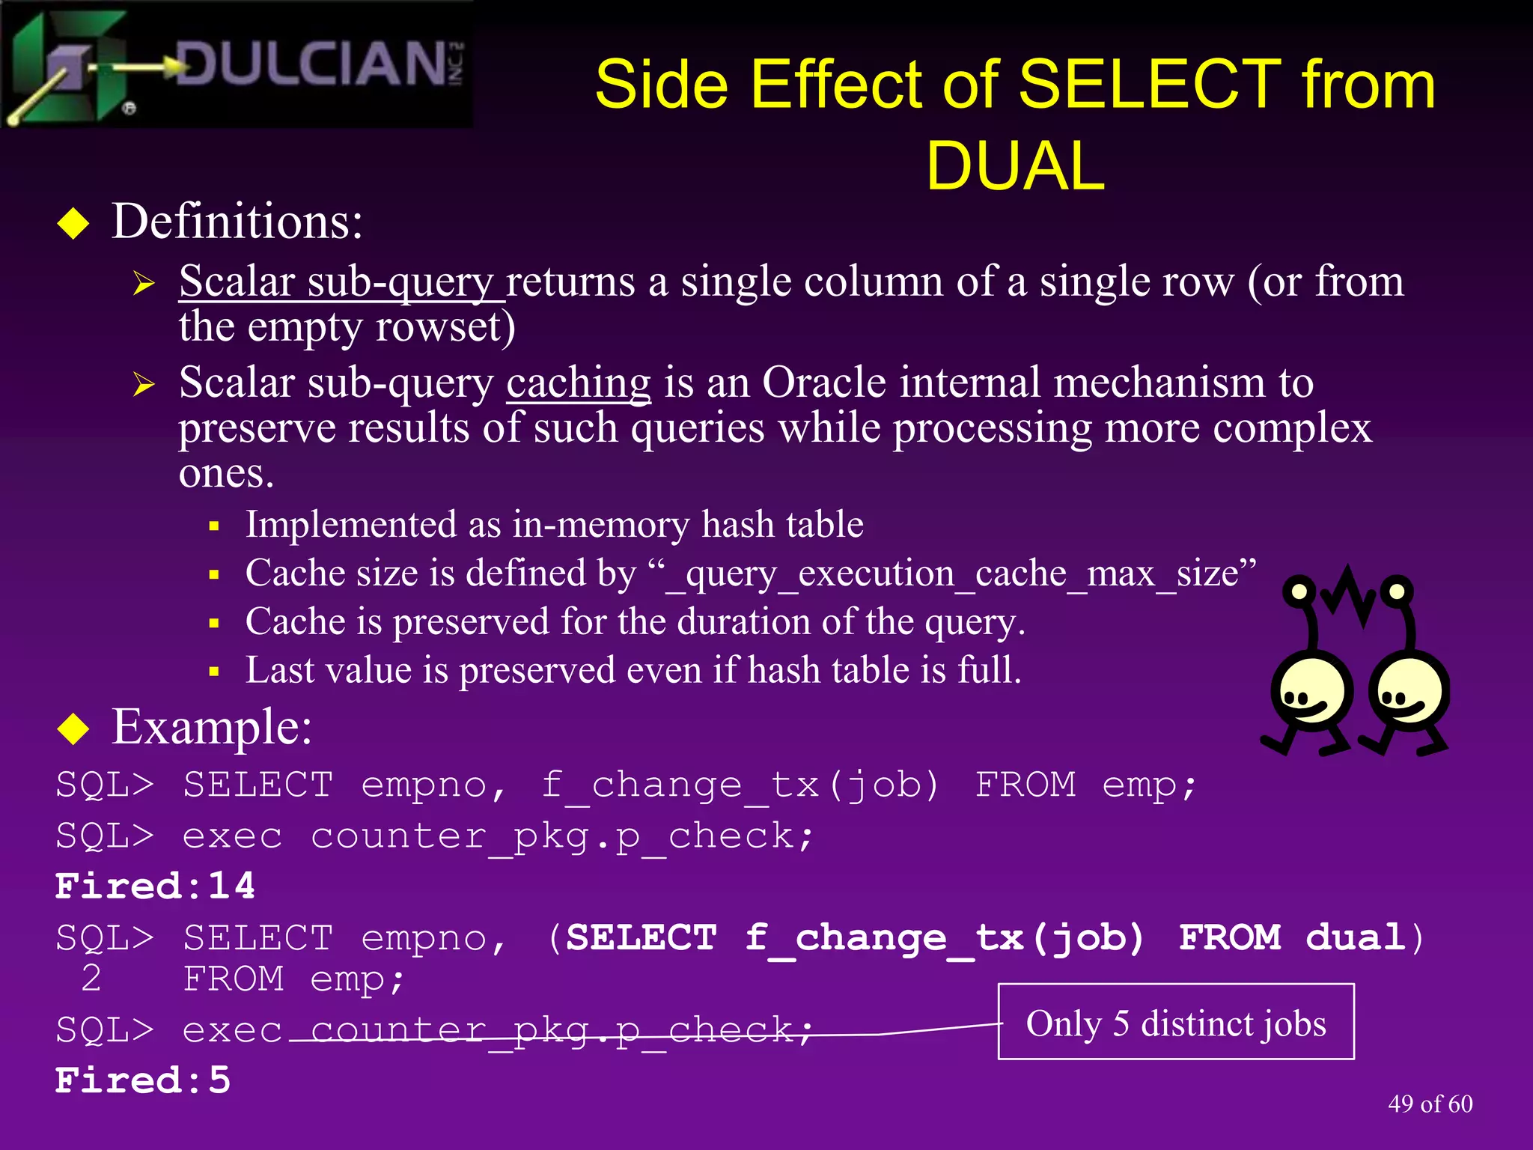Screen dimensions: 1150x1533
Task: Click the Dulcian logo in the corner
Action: pyautogui.click(x=236, y=64)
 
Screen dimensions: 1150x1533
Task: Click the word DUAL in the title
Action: pyautogui.click(x=1015, y=166)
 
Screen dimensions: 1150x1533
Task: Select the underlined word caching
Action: pyautogui.click(x=578, y=383)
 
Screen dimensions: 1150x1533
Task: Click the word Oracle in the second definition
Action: pyautogui.click(x=824, y=383)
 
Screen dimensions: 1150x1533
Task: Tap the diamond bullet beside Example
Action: pyautogui.click(x=73, y=728)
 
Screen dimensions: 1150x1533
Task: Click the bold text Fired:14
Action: pyautogui.click(x=155, y=886)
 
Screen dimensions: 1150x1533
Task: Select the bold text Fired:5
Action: pyautogui.click(x=142, y=1080)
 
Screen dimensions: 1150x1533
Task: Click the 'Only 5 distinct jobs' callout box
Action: pyautogui.click(x=1175, y=1022)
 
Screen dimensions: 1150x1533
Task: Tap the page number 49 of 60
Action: pyautogui.click(x=1430, y=1104)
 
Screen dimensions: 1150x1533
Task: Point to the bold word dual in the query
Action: pyautogui.click(x=1355, y=937)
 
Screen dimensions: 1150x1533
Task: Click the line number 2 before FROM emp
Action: pyautogui.click(x=91, y=978)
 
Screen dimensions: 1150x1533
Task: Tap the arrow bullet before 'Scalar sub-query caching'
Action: pyautogui.click(x=143, y=385)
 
